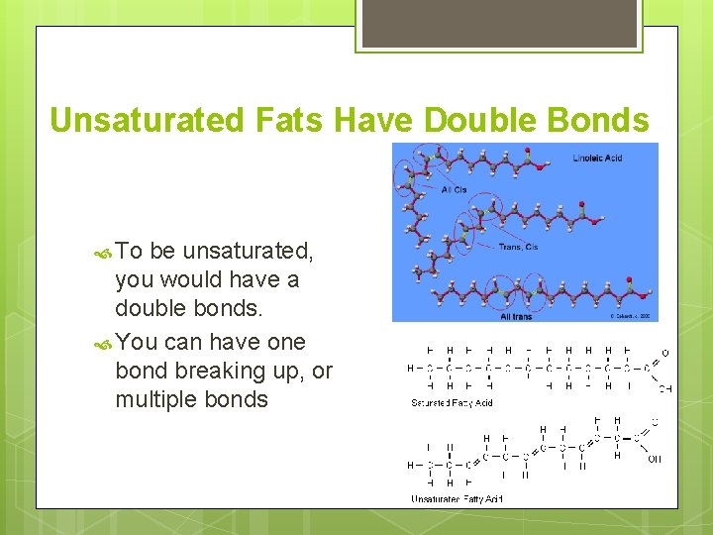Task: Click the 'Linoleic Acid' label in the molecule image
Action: (597, 159)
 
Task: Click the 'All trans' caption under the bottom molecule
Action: (516, 316)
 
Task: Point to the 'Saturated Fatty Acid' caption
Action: (452, 402)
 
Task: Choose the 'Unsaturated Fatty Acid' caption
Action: (457, 498)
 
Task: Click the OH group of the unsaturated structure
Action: (654, 459)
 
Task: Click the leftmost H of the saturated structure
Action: (411, 369)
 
